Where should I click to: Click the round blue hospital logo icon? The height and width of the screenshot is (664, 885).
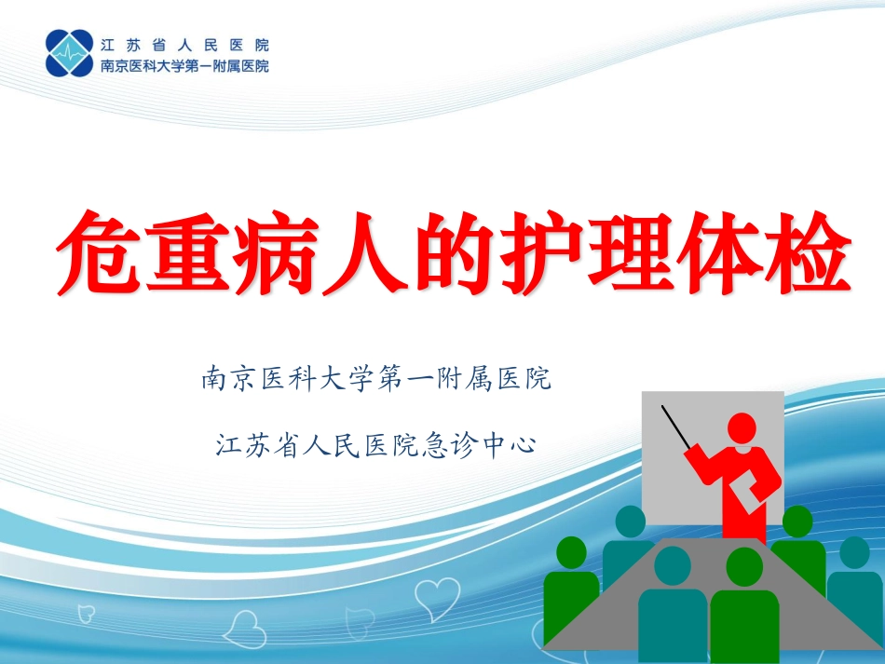(69, 53)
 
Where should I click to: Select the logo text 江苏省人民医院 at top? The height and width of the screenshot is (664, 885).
(184, 44)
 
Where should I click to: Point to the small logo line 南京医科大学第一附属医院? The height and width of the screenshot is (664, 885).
(184, 66)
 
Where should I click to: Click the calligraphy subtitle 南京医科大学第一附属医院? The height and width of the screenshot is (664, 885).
(376, 380)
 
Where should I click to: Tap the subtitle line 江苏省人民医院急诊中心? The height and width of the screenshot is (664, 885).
(376, 444)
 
